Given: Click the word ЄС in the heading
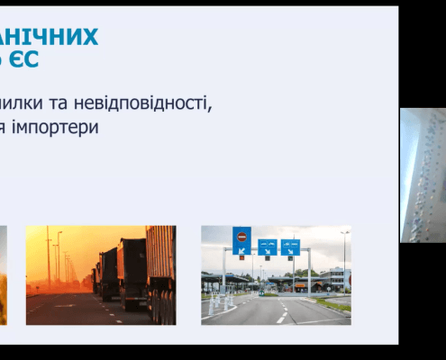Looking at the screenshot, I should coord(25,60).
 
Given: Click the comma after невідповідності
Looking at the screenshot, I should coord(212,106).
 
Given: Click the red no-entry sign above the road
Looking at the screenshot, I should coord(241,238).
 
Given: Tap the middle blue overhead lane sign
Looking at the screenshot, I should coord(268,246).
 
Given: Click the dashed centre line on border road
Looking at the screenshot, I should coord(281,314).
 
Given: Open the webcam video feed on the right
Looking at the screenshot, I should coord(423,175).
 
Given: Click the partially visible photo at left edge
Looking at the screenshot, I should coord(3,274).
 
